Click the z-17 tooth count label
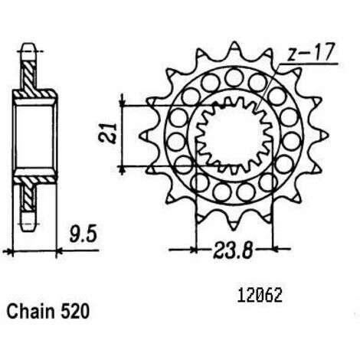(x=309, y=53)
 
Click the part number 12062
(x=260, y=296)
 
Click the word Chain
(x=31, y=311)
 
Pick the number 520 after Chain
(x=75, y=312)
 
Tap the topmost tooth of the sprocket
(x=234, y=47)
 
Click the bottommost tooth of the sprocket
(x=233, y=224)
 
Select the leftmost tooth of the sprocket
(x=146, y=135)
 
